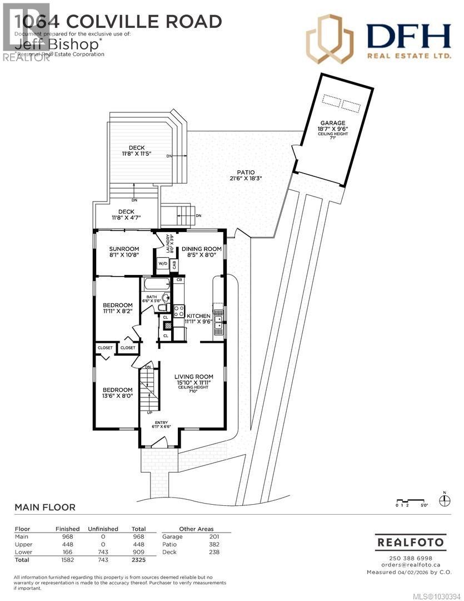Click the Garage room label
332,123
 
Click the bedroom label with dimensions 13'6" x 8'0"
117,390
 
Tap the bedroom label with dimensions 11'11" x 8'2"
117,305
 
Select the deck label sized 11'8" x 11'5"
137,147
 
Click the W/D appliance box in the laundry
163,264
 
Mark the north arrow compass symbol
445,500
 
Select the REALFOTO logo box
411,541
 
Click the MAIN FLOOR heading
44,507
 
